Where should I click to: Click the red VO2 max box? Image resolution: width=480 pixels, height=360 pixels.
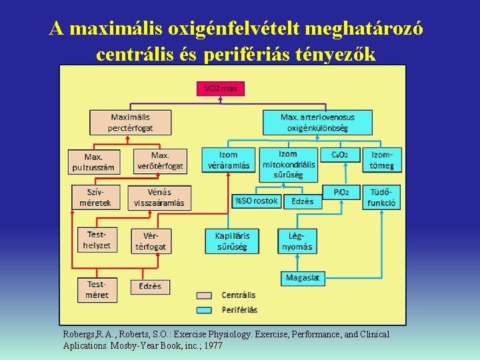(x=221, y=88)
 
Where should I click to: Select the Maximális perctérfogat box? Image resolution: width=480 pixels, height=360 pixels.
(x=131, y=123)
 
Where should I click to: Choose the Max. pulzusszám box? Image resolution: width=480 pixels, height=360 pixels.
(x=93, y=161)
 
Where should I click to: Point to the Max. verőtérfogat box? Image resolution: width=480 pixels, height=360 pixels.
(x=160, y=161)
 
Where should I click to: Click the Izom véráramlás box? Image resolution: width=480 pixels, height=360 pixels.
(x=229, y=161)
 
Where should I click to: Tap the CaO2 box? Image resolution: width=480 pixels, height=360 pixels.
(x=341, y=155)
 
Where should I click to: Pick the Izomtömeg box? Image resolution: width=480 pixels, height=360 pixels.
(x=383, y=161)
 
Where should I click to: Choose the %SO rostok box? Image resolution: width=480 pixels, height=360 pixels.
(x=257, y=201)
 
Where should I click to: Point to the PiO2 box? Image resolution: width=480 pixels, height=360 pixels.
(x=341, y=192)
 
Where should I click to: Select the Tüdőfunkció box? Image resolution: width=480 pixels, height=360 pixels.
(x=383, y=198)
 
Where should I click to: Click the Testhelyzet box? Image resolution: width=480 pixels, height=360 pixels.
(x=97, y=241)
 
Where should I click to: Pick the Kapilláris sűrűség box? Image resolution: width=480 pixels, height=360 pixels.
(x=231, y=241)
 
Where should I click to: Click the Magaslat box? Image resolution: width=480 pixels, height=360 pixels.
(x=303, y=277)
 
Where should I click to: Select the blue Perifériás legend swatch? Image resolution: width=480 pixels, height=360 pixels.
(x=205, y=309)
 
